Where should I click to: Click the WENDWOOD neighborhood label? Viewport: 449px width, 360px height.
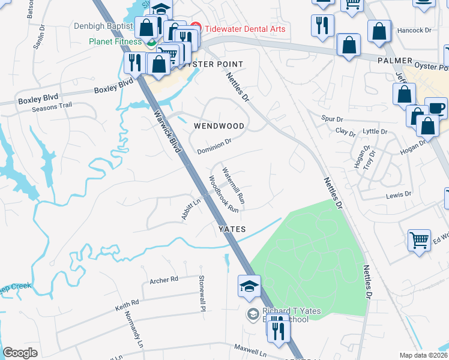pos(219,127)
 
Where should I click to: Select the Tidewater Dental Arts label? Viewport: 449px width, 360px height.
pos(245,29)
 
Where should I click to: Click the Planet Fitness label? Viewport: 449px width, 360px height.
pos(115,41)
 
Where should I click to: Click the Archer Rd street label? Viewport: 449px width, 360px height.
pos(164,280)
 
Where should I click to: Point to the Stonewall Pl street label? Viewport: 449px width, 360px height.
pos(202,293)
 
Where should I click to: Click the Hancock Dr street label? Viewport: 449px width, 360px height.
pos(415,29)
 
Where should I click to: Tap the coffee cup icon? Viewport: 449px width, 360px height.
pos(436,109)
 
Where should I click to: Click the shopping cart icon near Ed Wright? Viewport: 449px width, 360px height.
pos(420,241)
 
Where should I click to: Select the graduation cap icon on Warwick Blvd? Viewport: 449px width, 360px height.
pos(249,286)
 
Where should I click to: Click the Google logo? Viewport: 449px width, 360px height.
pos(20,353)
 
